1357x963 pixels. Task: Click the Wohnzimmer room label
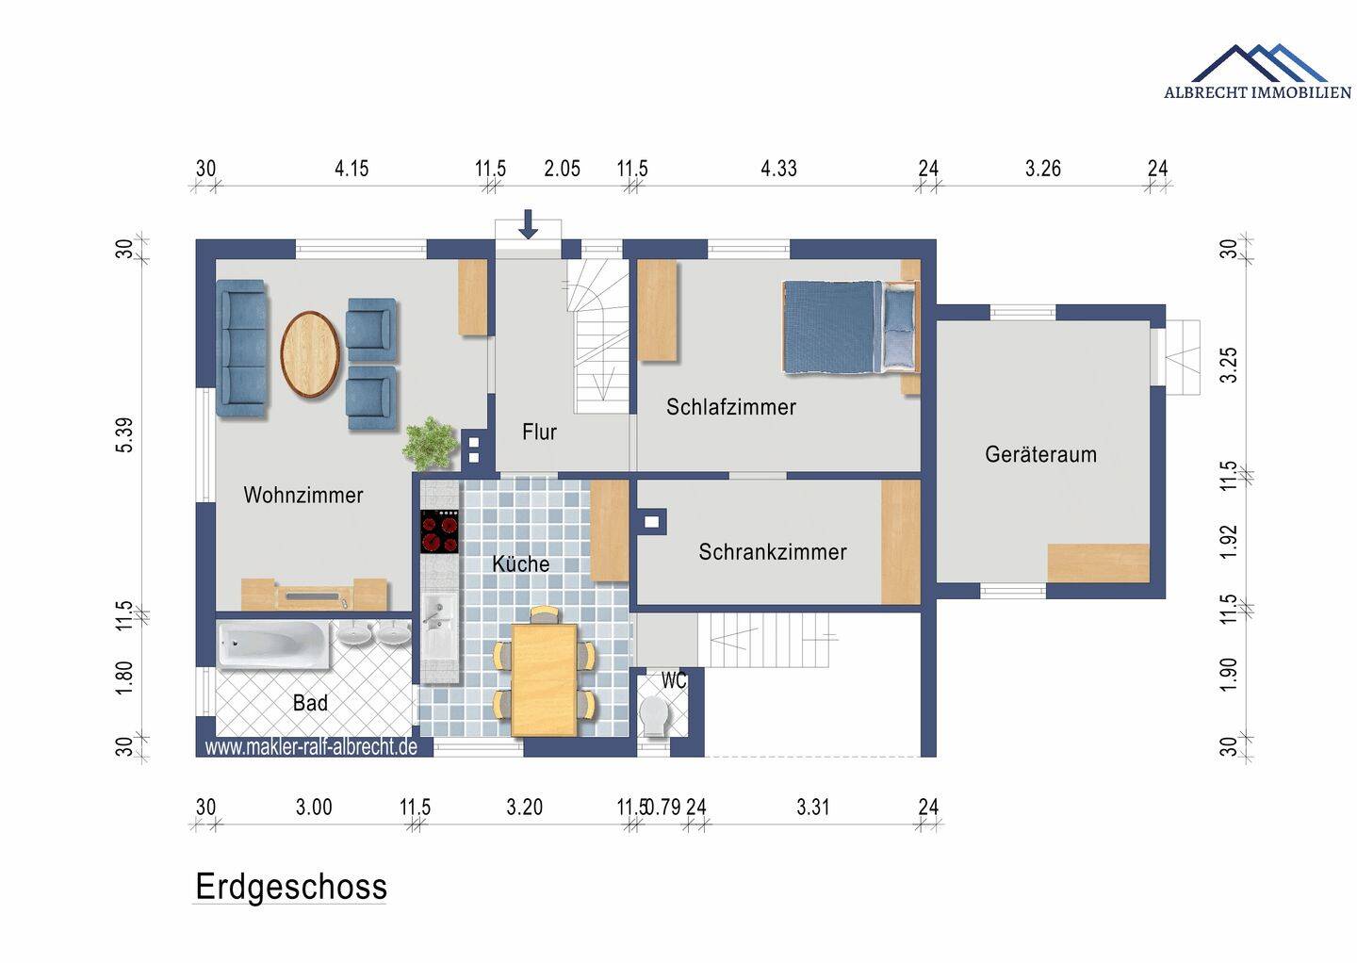(x=302, y=495)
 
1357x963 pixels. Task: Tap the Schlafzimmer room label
(x=731, y=407)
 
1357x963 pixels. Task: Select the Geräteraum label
(x=1040, y=454)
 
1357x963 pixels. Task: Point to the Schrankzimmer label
(x=773, y=552)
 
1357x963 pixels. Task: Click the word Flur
(x=539, y=432)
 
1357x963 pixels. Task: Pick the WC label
(x=674, y=680)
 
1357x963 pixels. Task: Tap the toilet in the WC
(x=655, y=717)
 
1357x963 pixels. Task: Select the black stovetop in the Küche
(x=439, y=531)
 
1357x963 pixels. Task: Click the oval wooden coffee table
(x=310, y=354)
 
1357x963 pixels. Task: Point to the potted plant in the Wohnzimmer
(x=430, y=443)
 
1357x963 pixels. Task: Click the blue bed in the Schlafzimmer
(x=851, y=326)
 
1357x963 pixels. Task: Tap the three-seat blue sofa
(x=241, y=349)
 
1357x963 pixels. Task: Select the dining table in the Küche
(x=544, y=679)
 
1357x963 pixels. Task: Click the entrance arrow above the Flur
(x=529, y=224)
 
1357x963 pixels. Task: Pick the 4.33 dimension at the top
(x=778, y=169)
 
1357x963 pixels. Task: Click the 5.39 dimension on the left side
(x=124, y=435)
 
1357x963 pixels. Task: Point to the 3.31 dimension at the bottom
(x=812, y=807)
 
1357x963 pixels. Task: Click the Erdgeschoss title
(x=291, y=888)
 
